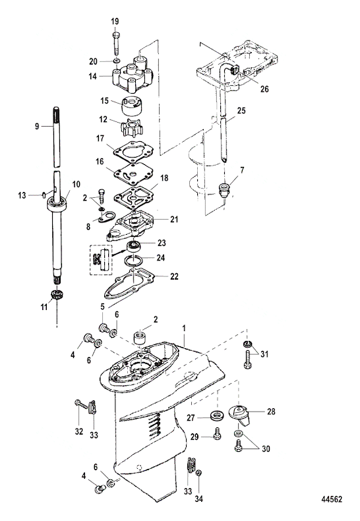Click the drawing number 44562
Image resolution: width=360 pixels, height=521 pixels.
point(331,499)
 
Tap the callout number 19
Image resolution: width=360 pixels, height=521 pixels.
point(115,22)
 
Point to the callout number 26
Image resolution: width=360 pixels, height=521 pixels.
point(264,89)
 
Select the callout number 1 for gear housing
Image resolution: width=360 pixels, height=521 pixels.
point(184,328)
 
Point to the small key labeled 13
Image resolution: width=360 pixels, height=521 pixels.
point(44,195)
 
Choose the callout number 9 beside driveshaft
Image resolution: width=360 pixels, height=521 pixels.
point(37,126)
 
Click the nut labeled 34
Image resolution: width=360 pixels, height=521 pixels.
point(198,473)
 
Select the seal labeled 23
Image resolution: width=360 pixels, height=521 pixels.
point(135,246)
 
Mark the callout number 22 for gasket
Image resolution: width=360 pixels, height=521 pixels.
point(174,276)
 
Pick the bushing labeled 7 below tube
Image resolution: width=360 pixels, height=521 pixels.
point(225,190)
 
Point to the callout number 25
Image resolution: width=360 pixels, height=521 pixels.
point(241,110)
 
